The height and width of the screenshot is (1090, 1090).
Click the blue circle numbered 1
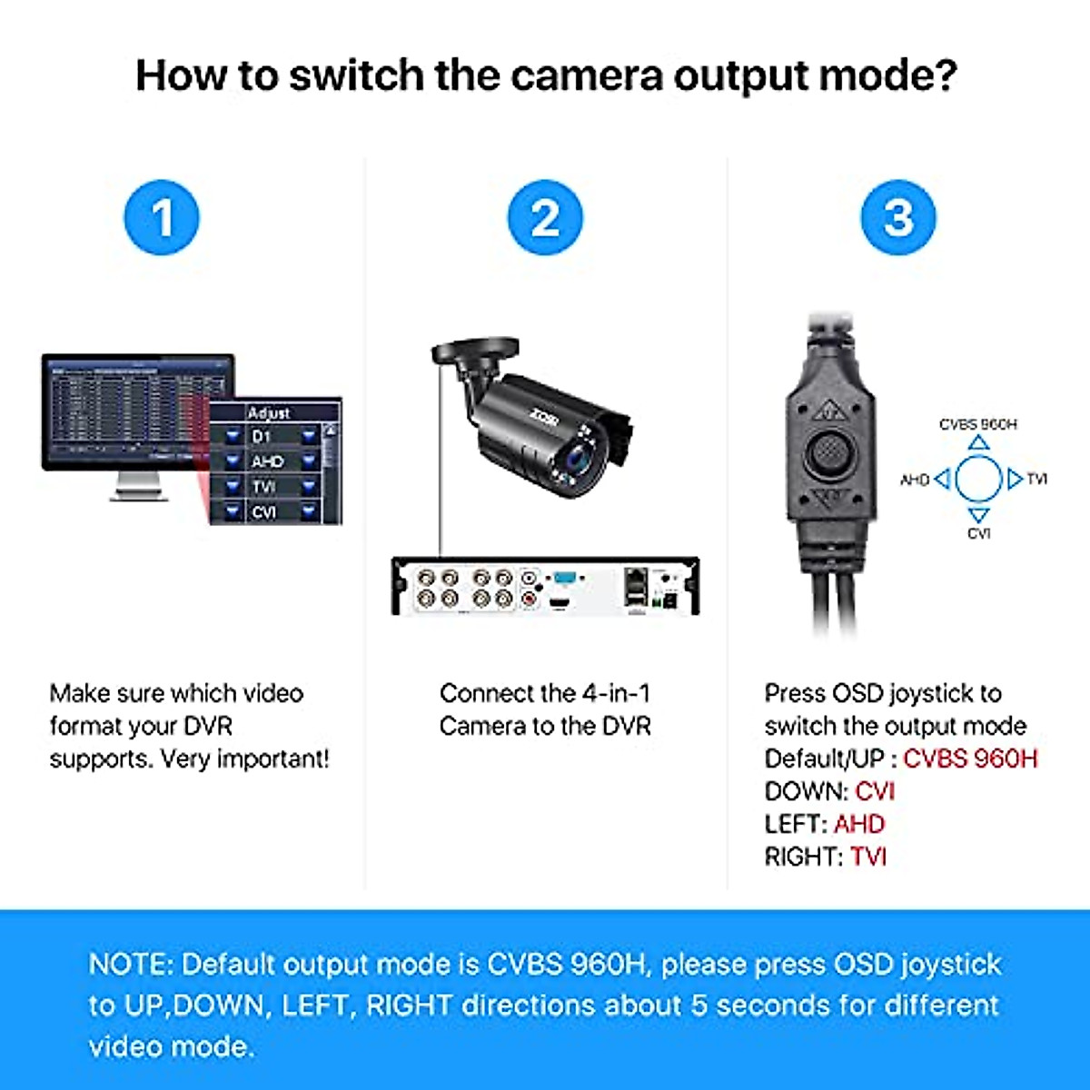[x=162, y=218]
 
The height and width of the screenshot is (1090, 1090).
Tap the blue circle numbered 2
[x=545, y=218]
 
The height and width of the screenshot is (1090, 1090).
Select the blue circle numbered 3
[x=897, y=218]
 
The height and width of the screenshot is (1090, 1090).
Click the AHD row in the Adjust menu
[x=270, y=461]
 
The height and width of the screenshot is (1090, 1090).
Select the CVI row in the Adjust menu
[x=270, y=512]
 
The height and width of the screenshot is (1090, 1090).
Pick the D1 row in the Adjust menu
[x=270, y=437]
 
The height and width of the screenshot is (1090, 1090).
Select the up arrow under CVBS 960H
[x=978, y=442]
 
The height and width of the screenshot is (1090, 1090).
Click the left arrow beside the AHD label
[x=942, y=479]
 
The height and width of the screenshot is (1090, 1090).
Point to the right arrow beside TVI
[x=1015, y=479]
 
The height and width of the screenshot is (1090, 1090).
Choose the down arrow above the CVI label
[x=978, y=515]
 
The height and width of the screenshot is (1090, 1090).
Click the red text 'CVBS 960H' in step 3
[x=970, y=758]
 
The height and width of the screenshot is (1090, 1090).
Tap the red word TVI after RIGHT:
[x=868, y=857]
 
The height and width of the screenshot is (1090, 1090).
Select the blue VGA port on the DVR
[x=564, y=577]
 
